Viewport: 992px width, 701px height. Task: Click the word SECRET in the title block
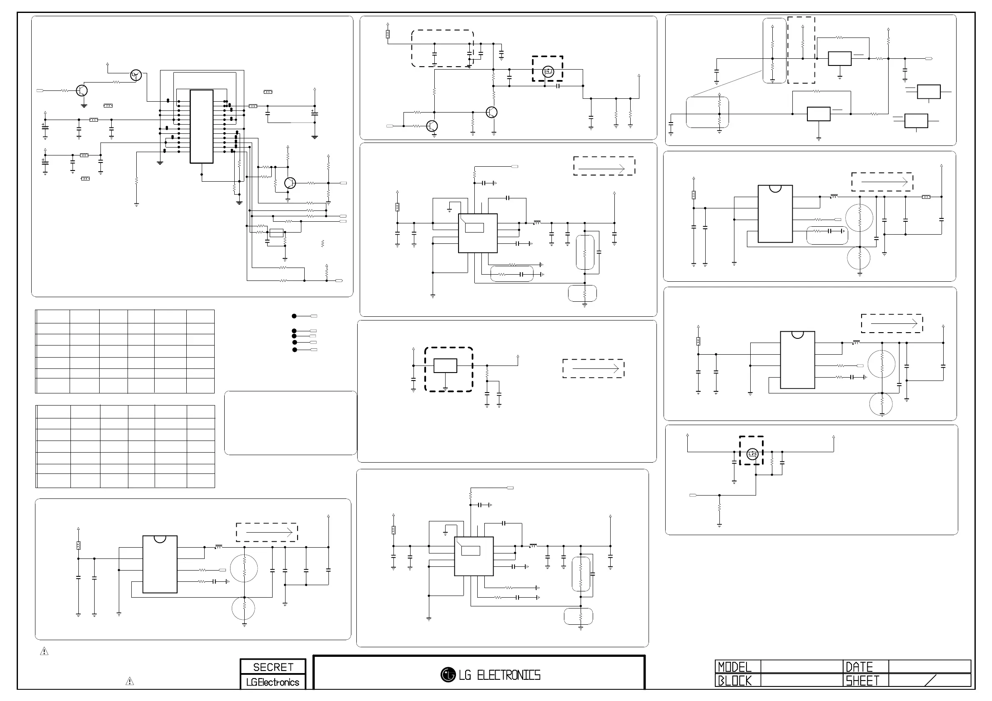coord(273,667)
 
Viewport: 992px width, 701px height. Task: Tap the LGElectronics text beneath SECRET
coord(273,682)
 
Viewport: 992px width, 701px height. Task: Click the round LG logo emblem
coord(448,675)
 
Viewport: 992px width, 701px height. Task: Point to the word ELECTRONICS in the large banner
coord(509,675)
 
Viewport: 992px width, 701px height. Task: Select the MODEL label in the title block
coord(734,667)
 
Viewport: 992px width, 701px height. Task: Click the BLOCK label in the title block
coord(734,681)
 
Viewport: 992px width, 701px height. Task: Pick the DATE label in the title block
coord(859,667)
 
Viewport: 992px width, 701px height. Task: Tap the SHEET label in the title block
coord(862,681)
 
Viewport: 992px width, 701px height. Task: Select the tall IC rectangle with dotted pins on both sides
coord(201,127)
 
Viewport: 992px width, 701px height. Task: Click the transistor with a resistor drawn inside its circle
coord(135,75)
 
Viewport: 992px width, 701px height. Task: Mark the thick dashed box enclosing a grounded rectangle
coord(448,369)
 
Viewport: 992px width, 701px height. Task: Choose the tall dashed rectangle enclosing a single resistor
coord(801,50)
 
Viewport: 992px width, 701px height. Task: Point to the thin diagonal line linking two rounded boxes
coord(727,83)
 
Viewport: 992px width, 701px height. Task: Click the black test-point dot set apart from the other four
coord(294,316)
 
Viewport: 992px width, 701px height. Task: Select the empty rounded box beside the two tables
coord(291,423)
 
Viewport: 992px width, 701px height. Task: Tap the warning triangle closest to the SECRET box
coord(130,681)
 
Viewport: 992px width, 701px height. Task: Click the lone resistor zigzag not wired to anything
coord(323,244)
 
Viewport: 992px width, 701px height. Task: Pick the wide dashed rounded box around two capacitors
coord(442,48)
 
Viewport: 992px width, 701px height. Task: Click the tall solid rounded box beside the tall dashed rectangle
coord(774,50)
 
